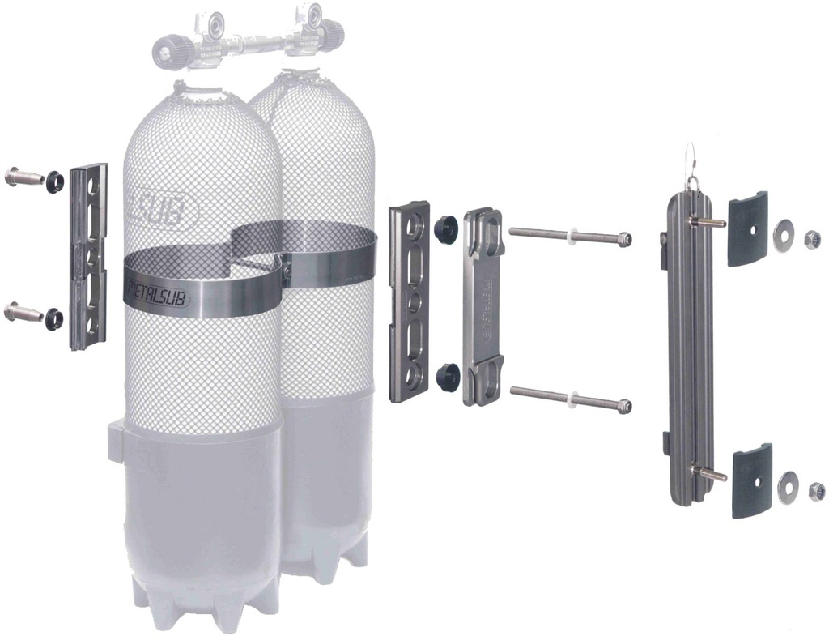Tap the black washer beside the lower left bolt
tap(55, 318)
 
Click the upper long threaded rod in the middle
tap(570, 237)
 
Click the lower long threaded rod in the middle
tap(570, 398)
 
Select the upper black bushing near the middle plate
tap(445, 230)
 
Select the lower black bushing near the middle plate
tap(446, 378)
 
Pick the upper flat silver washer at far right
tap(783, 235)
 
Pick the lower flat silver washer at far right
tap(789, 486)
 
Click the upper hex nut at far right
tap(812, 240)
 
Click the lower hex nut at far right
tap(817, 491)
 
